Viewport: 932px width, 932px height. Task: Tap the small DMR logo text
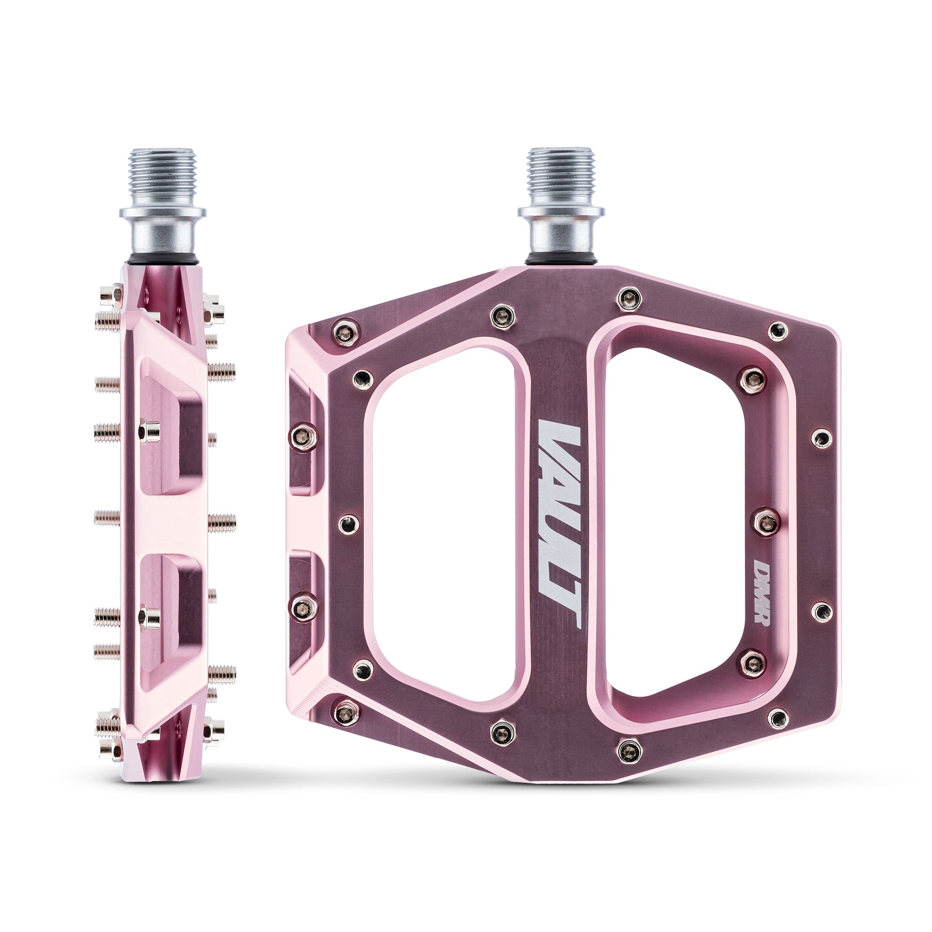[x=762, y=593]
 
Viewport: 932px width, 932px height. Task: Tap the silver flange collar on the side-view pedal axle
[x=162, y=212]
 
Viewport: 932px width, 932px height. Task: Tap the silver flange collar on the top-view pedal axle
[x=561, y=212]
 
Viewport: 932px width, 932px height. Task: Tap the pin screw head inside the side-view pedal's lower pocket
[x=150, y=618]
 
